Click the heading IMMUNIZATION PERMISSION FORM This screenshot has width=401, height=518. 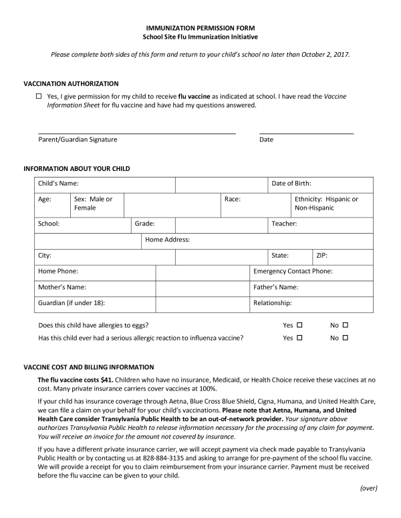click(200, 27)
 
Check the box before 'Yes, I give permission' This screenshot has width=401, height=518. click(39, 97)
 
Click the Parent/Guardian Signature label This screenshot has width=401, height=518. click(78, 140)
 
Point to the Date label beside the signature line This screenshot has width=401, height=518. click(266, 140)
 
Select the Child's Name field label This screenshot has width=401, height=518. click(59, 183)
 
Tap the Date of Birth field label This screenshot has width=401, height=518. click(291, 183)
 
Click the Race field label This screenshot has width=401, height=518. click(233, 199)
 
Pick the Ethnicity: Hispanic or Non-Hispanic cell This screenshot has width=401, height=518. click(326, 204)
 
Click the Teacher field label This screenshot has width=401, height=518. click(284, 224)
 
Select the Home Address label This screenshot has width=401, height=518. click(168, 239)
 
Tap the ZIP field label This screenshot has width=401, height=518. click(321, 255)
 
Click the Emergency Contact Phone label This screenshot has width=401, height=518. click(293, 271)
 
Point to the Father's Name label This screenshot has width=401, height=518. click(275, 287)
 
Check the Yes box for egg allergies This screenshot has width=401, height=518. click(300, 325)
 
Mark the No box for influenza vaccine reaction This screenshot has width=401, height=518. click(346, 338)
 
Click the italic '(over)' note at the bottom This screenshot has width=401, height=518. click(369, 488)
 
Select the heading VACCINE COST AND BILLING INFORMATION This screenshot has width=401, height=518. click(88, 367)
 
